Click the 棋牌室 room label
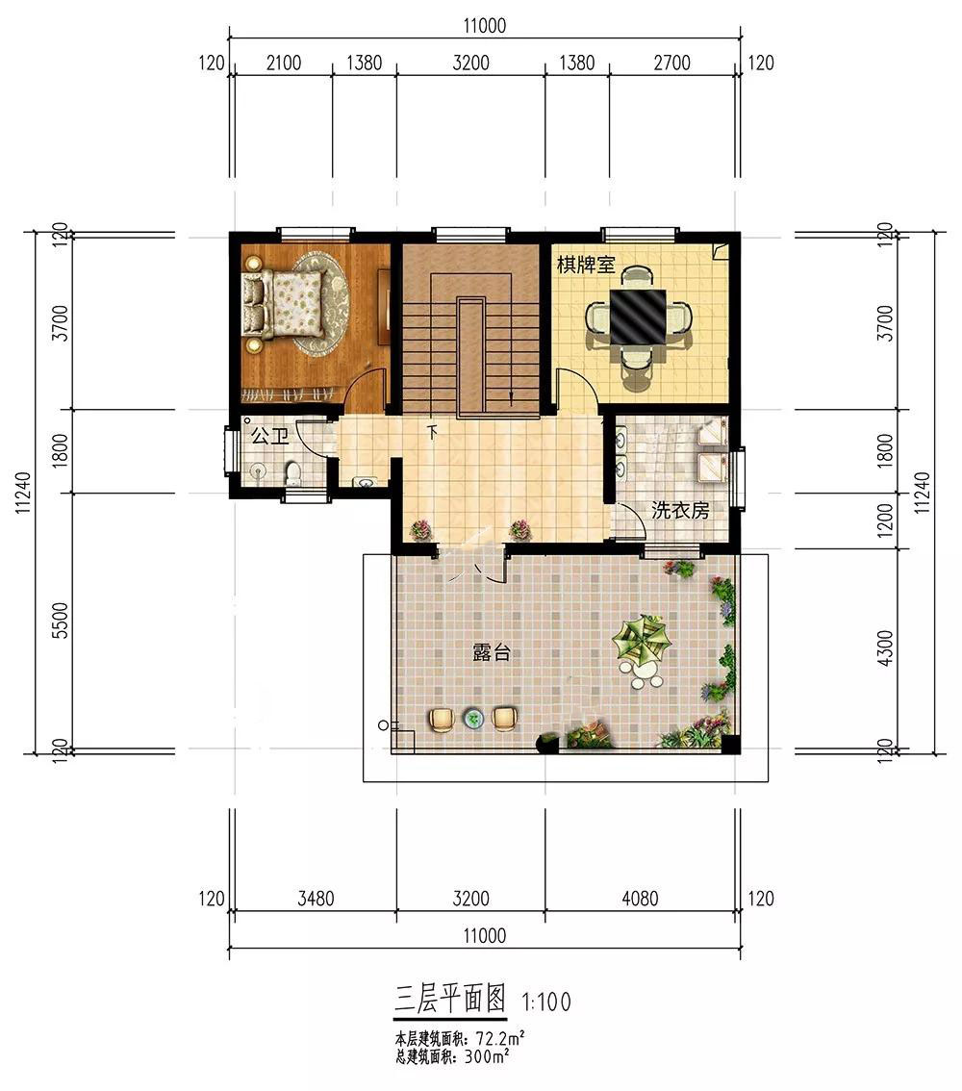[x=586, y=266]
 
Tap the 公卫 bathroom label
[x=269, y=437]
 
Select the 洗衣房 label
[x=680, y=511]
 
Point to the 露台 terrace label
[x=492, y=652]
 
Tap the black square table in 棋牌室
[x=638, y=317]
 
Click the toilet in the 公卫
[x=293, y=472]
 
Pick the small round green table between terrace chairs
[x=473, y=718]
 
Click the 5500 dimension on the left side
[x=62, y=621]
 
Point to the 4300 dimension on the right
[x=884, y=648]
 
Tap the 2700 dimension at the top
[x=671, y=63]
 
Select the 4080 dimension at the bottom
[x=640, y=899]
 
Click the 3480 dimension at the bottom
[x=316, y=899]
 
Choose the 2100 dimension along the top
[x=284, y=63]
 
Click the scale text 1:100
[x=546, y=1002]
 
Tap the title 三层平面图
[x=450, y=1000]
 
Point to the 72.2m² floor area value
[x=500, y=1039]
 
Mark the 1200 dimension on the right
[x=884, y=520]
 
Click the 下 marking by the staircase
[x=432, y=432]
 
